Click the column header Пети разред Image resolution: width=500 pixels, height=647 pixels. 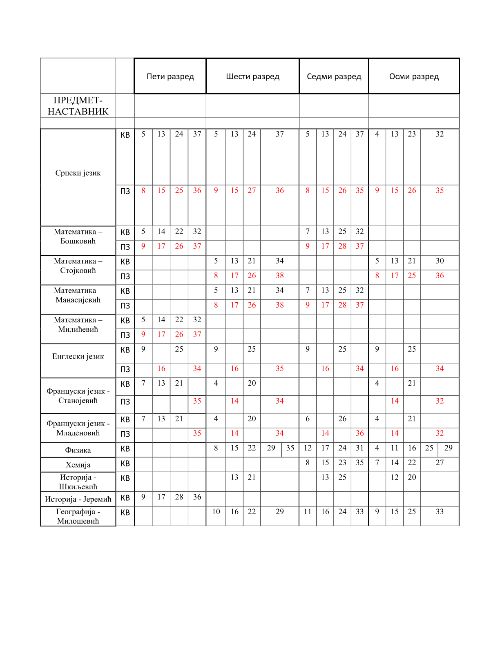[x=170, y=76]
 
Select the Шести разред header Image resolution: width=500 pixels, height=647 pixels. [x=252, y=76]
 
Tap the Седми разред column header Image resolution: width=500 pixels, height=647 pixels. [x=334, y=76]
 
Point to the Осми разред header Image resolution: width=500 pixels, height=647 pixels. [x=414, y=76]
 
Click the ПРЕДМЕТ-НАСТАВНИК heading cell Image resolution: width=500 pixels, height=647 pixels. [x=78, y=106]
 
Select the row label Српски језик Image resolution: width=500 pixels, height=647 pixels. [x=78, y=173]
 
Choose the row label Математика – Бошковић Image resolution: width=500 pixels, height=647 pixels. [x=78, y=236]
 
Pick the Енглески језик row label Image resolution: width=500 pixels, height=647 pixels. [x=78, y=356]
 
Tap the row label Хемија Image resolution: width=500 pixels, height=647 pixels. [x=78, y=465]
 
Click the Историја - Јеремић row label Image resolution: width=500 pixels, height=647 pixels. [x=78, y=499]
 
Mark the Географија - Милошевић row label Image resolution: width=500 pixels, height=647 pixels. [x=78, y=516]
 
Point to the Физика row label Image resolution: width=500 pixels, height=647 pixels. [x=78, y=450]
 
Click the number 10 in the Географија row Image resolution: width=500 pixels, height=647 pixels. [x=216, y=512]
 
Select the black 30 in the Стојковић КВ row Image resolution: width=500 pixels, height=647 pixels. [x=440, y=261]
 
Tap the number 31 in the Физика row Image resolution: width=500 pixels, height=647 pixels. [x=359, y=448]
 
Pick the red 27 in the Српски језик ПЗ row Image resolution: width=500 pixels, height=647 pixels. [x=252, y=191]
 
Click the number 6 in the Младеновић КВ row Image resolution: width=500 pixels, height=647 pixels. [x=308, y=419]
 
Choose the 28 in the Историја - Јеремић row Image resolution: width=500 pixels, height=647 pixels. [x=179, y=497]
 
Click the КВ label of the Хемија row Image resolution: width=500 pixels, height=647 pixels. [x=125, y=464]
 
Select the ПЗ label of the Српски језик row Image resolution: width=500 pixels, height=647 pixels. [x=125, y=191]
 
